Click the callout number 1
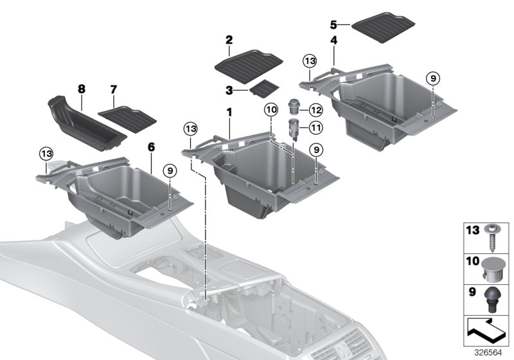pos(227,113)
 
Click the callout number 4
pos(333,40)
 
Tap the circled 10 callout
pos(270,111)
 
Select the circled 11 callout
pos(315,128)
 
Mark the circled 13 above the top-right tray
pos(310,60)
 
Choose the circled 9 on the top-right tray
pos(432,78)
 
